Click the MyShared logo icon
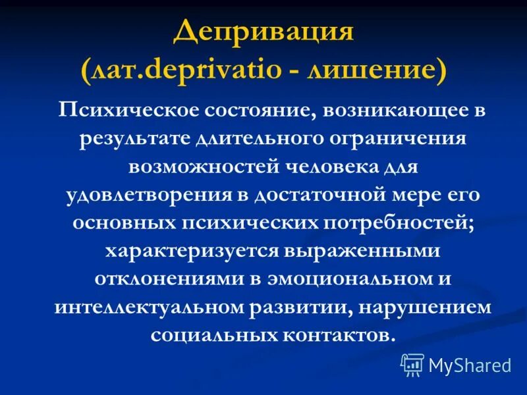(x=412, y=363)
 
